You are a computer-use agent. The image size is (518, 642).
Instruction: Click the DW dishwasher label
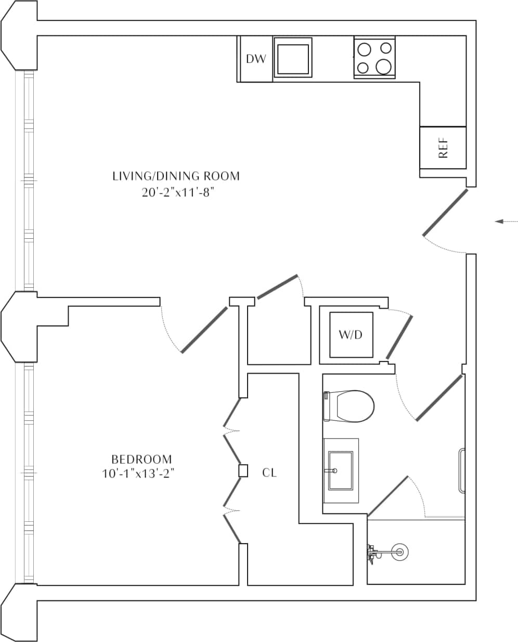tap(255, 59)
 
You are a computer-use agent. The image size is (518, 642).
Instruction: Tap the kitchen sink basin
tap(294, 58)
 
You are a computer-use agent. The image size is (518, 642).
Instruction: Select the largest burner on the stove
tap(384, 66)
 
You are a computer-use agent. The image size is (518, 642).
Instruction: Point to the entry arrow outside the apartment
tap(505, 222)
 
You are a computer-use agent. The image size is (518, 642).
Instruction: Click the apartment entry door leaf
tap(445, 212)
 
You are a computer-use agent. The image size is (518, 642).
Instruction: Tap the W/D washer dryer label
tap(351, 335)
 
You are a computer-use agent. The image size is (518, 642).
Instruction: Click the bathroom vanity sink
tap(340, 470)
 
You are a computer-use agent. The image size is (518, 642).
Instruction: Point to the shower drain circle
tap(399, 551)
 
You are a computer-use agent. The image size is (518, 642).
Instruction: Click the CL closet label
tap(269, 472)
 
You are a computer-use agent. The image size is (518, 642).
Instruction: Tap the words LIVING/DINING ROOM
tap(176, 176)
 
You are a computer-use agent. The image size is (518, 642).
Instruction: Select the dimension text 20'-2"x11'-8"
tap(176, 192)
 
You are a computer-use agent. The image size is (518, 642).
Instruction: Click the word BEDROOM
tap(141, 459)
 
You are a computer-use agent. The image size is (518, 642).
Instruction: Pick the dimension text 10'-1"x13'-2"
tap(137, 474)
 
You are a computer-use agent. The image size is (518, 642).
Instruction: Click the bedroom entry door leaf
tap(204, 330)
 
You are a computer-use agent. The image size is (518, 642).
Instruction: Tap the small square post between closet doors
tap(242, 471)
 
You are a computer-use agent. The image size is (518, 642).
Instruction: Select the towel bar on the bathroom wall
tap(460, 470)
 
